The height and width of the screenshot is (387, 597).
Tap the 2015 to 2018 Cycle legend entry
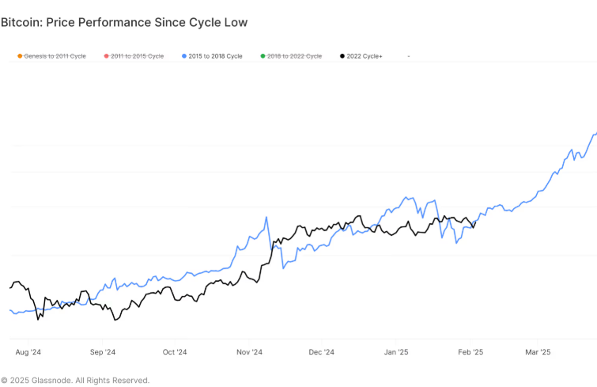point(216,56)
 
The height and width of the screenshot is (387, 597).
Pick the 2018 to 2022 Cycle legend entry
point(294,56)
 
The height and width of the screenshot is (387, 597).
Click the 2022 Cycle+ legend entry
point(365,56)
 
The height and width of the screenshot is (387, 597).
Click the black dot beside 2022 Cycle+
point(342,56)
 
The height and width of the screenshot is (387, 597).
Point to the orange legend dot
point(19,56)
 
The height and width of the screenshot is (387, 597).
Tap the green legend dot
point(263,56)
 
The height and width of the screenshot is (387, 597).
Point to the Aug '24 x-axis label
point(28,352)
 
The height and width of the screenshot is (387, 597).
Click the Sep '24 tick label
point(103,352)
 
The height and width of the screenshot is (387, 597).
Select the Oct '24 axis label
point(175,352)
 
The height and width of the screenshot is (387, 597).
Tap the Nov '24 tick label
point(250,352)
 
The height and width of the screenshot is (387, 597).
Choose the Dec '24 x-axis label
point(322,352)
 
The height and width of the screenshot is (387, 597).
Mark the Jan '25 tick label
point(396,352)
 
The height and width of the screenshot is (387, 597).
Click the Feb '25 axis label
point(470,352)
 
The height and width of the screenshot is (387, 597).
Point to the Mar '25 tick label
point(538,352)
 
